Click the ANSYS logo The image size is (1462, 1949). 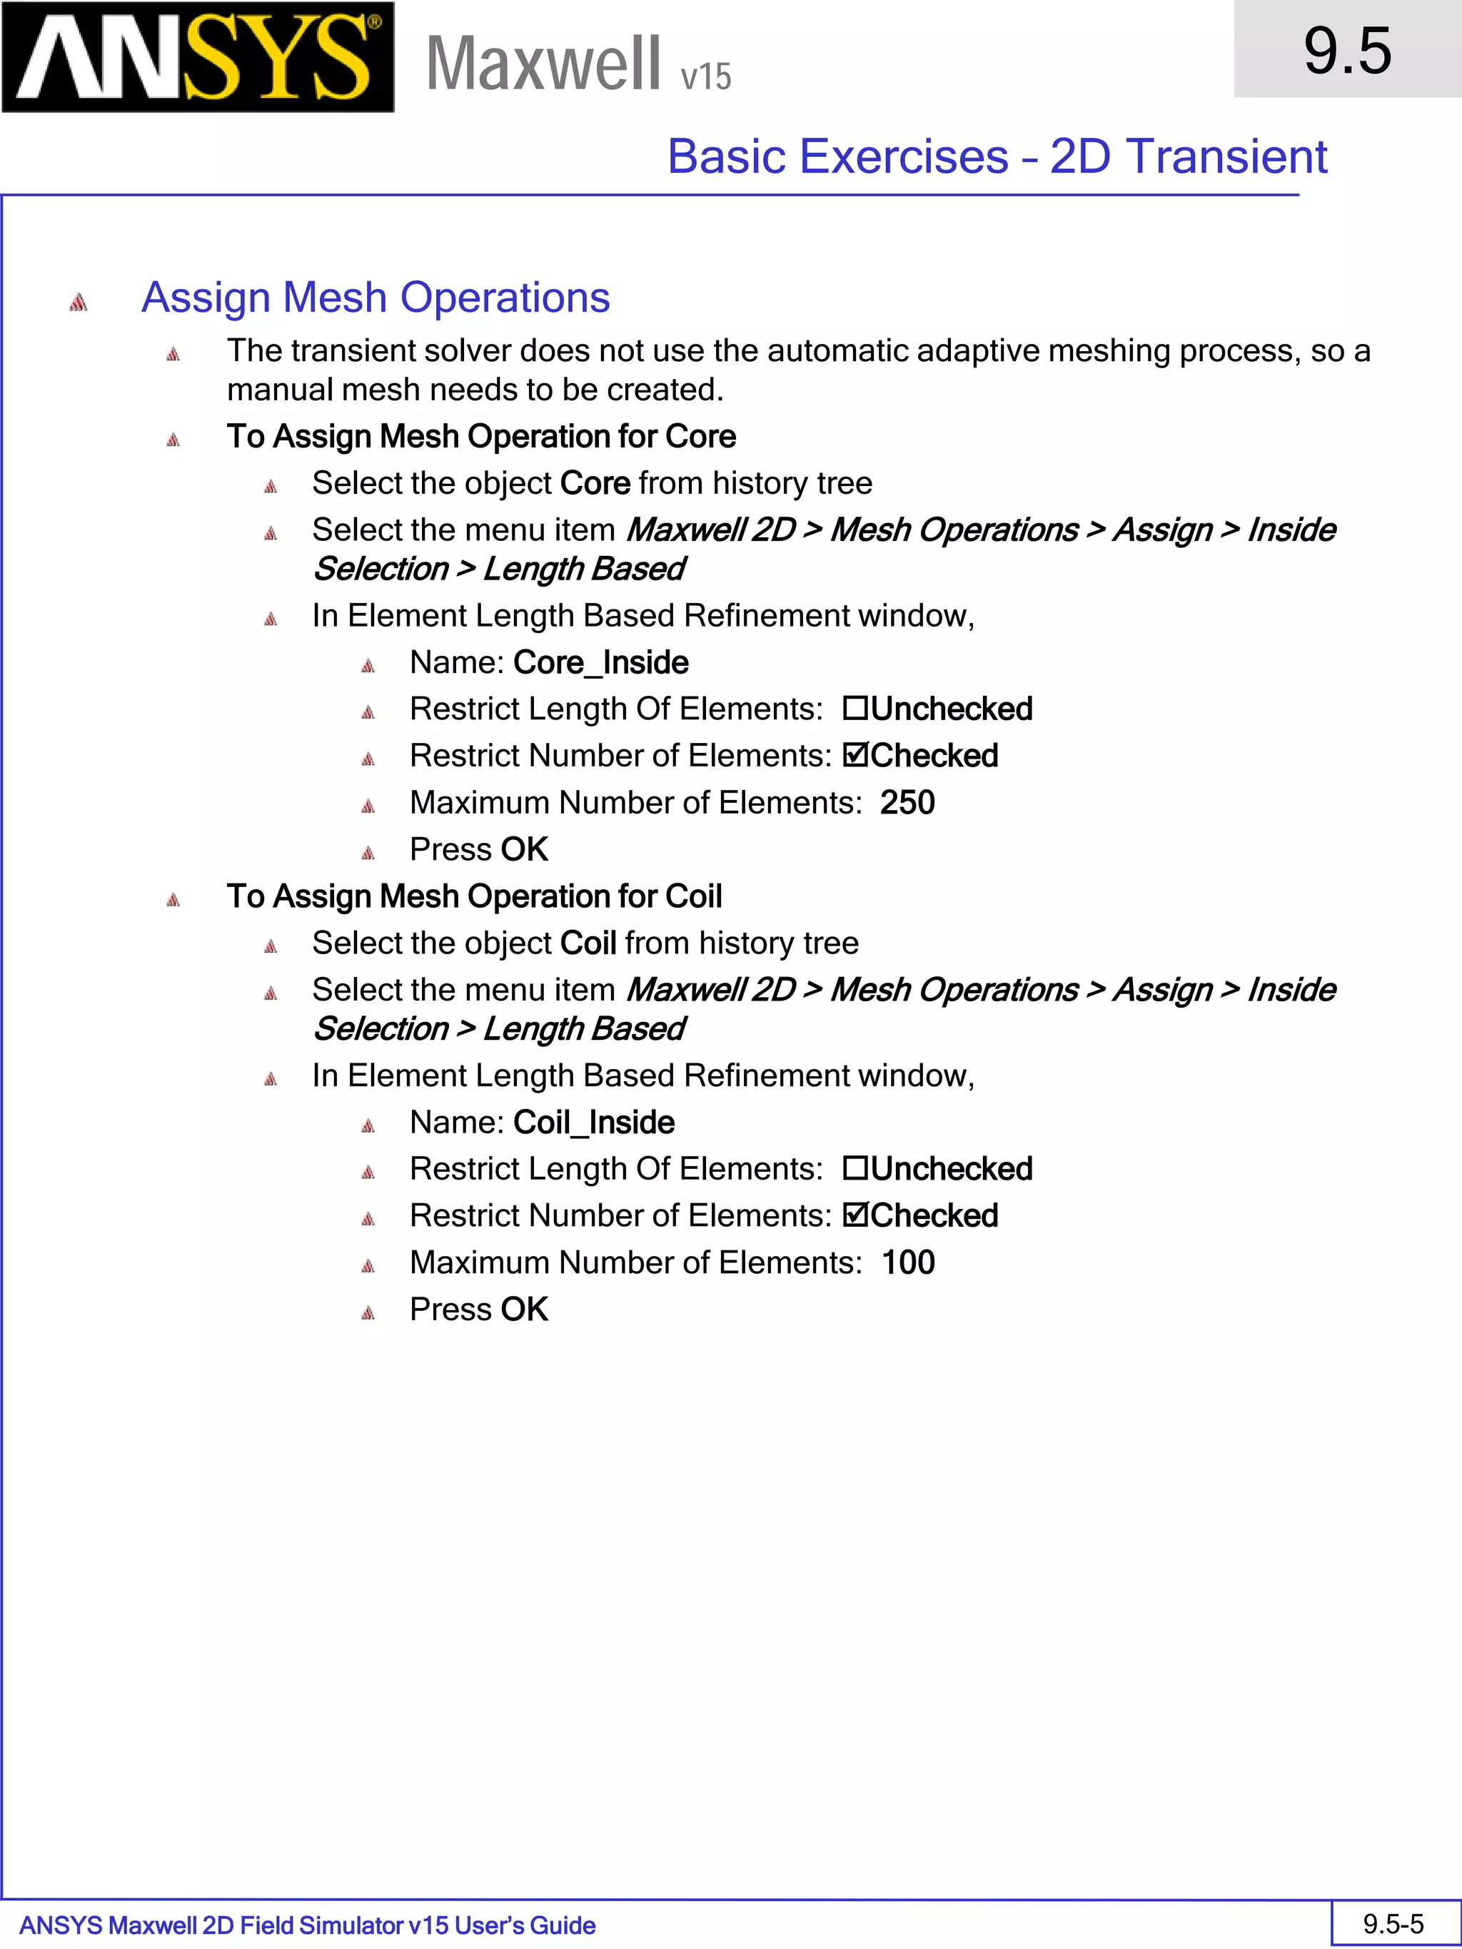point(198,57)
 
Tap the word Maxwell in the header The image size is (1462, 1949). point(543,64)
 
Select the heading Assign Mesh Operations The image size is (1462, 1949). point(375,298)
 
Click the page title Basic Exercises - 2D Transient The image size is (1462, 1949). point(996,157)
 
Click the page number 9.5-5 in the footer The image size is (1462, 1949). point(1393,1924)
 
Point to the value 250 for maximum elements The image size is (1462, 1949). point(907,803)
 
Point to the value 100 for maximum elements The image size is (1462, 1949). point(908,1262)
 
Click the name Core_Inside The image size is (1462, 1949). point(600,662)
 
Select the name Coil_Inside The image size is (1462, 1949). point(593,1123)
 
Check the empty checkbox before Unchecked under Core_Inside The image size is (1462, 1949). point(854,709)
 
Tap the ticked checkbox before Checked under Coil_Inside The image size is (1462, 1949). point(854,1216)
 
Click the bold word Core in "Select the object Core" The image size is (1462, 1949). point(595,484)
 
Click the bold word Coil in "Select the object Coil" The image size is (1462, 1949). point(588,943)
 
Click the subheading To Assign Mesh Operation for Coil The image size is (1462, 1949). point(474,897)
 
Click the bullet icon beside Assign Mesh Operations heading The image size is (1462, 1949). point(79,302)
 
